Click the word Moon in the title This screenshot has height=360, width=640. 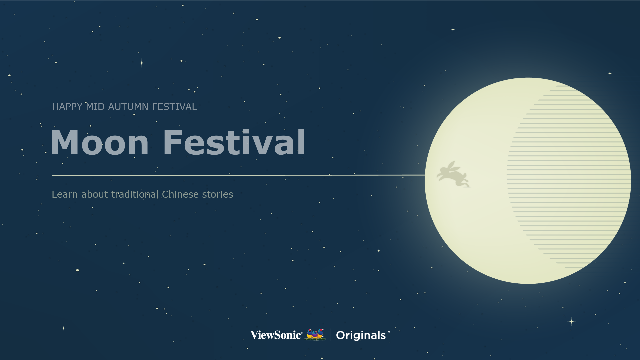pyautogui.click(x=100, y=143)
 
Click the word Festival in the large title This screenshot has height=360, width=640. pyautogui.click(x=234, y=142)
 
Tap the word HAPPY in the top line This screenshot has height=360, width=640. pyautogui.click(x=67, y=107)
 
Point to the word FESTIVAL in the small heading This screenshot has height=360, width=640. pyautogui.click(x=174, y=107)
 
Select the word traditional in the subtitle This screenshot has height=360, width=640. pyautogui.click(x=135, y=194)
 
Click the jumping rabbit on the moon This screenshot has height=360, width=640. pyautogui.click(x=453, y=174)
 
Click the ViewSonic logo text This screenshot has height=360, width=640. pyautogui.click(x=276, y=335)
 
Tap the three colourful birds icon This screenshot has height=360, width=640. pyautogui.click(x=316, y=334)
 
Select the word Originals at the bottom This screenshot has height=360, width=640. pyautogui.click(x=361, y=335)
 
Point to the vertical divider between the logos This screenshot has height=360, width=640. pyautogui.click(x=331, y=335)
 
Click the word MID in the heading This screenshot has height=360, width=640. pyautogui.click(x=95, y=107)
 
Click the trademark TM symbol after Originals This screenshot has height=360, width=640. pyautogui.click(x=388, y=332)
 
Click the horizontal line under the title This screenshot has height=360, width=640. pyautogui.click(x=239, y=175)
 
